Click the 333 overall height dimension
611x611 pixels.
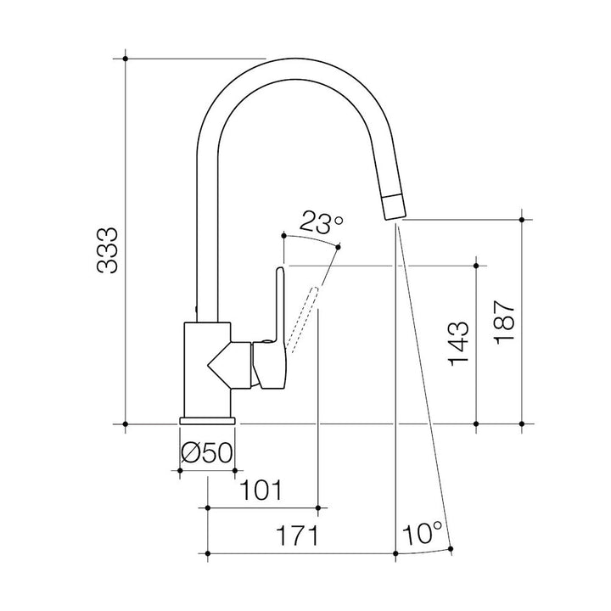(106, 249)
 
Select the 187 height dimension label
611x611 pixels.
(504, 322)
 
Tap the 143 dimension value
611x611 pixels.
(458, 344)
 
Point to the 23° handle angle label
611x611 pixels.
(322, 222)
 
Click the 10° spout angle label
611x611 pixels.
(423, 534)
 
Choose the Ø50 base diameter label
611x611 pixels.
(207, 453)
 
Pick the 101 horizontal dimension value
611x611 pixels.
(261, 490)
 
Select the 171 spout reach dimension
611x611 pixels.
(297, 535)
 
